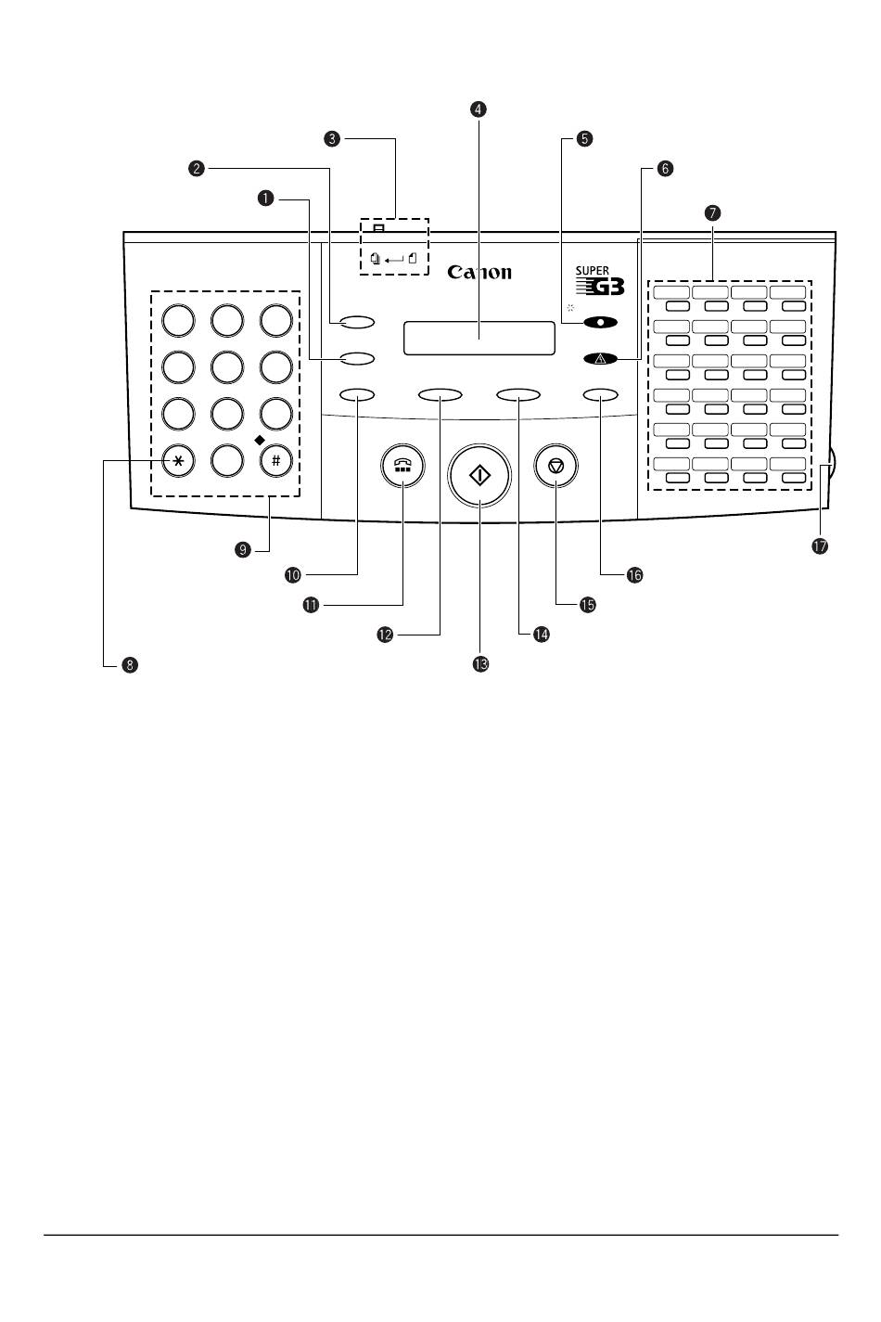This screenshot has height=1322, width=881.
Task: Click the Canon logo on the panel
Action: (x=479, y=272)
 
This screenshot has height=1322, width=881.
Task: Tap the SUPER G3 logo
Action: (x=599, y=280)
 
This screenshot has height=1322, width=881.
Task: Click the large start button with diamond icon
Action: (x=479, y=475)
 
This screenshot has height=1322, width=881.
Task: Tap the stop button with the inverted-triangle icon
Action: (x=555, y=467)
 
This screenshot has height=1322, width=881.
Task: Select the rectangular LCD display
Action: (x=479, y=339)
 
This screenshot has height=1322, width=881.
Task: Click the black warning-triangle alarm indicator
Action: (x=601, y=358)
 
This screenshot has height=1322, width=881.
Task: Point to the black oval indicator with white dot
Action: (x=601, y=323)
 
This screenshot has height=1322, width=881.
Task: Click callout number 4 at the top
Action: (x=479, y=109)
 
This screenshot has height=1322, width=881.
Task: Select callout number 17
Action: (x=820, y=545)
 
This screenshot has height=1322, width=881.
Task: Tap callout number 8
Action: (x=130, y=665)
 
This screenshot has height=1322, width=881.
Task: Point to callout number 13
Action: (x=481, y=664)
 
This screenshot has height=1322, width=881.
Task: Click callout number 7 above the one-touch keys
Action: (x=713, y=212)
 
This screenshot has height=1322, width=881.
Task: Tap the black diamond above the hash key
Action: (x=259, y=440)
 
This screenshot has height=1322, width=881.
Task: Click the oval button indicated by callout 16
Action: (x=601, y=395)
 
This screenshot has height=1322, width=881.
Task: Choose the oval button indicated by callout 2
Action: (x=358, y=322)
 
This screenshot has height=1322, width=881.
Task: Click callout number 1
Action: (x=266, y=199)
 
